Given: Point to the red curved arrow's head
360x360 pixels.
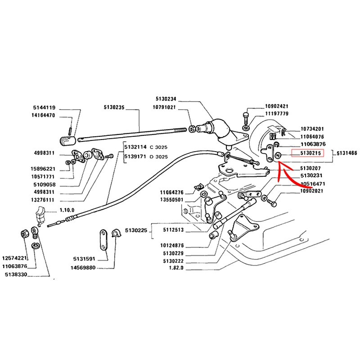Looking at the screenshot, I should click(279, 167).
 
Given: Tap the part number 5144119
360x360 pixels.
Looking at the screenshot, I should click(44, 108).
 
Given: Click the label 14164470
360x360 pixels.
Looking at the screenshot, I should click(44, 115).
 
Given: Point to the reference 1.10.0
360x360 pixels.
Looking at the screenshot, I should click(68, 211).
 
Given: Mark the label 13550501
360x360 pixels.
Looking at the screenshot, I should click(172, 199).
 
